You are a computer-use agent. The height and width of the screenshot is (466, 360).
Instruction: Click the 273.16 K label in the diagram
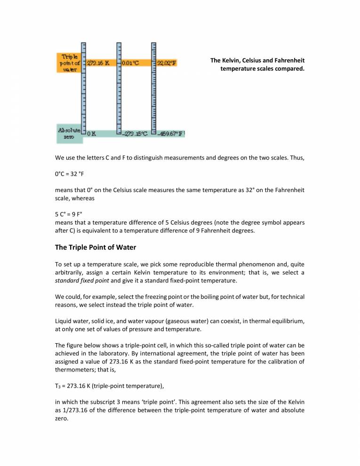98,63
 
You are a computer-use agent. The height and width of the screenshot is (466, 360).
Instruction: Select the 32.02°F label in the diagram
166,63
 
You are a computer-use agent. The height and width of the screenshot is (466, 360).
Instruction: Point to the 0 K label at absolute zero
92,134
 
